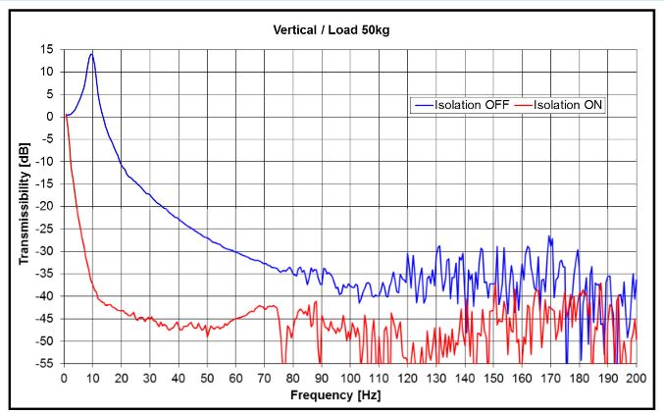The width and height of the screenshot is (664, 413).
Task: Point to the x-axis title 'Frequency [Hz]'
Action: click(335, 395)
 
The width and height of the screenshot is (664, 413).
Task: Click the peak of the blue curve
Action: click(92, 54)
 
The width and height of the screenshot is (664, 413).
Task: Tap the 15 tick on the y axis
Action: click(47, 49)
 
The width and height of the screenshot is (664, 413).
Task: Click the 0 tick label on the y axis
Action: click(50, 116)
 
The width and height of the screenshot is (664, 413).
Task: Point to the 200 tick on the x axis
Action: click(637, 378)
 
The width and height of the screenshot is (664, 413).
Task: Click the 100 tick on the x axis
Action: click(350, 378)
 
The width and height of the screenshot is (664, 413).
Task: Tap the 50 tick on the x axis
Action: click(207, 378)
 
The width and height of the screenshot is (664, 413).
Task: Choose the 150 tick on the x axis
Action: click(493, 378)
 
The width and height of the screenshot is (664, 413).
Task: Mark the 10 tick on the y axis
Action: click(47, 72)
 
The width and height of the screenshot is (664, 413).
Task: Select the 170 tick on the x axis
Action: click(550, 378)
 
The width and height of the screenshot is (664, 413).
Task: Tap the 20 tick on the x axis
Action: click(122, 378)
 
